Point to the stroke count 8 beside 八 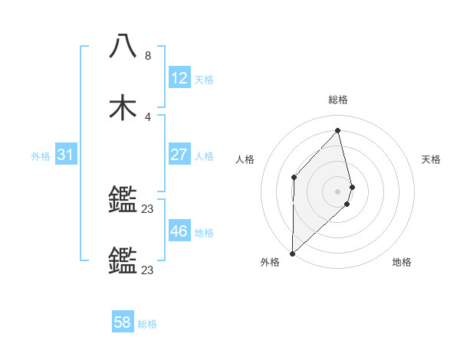point(148,56)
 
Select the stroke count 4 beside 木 point(148,116)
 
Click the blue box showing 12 point(179,78)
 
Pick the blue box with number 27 point(179,155)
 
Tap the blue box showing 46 point(179,231)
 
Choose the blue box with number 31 point(65,155)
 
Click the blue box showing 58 point(123,322)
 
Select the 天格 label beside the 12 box point(204,79)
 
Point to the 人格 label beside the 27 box point(204,155)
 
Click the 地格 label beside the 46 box point(204,232)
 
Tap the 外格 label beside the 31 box point(41,155)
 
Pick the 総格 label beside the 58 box point(147,324)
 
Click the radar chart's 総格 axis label point(338,100)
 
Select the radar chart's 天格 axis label point(432,159)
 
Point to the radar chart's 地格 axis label point(402,262)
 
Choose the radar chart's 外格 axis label point(270,262)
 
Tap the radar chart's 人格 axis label point(245,159)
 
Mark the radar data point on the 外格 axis point(292,253)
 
